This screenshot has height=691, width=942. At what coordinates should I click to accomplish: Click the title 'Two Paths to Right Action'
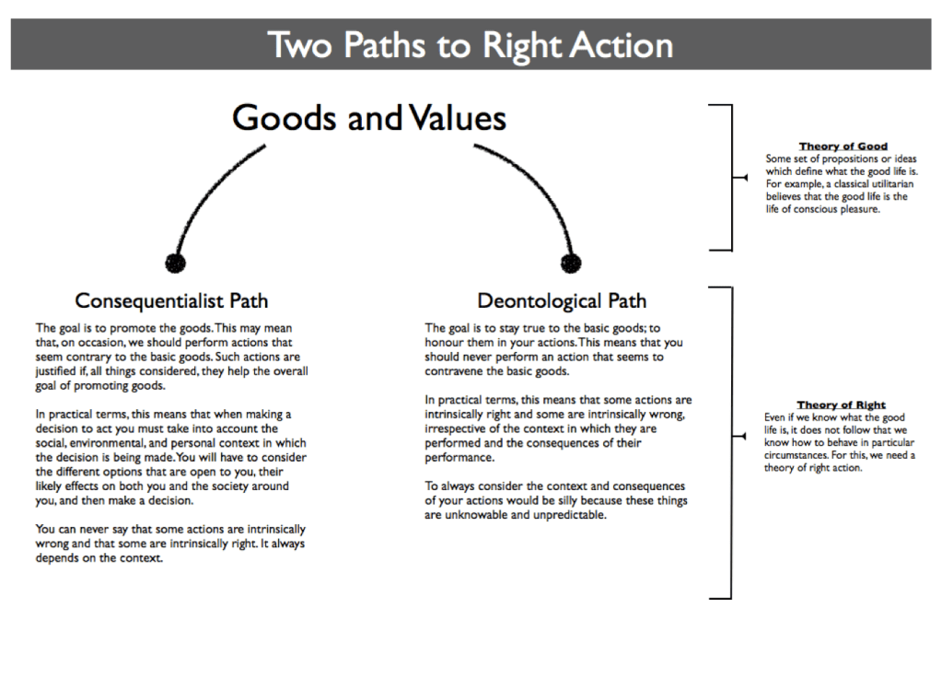471,44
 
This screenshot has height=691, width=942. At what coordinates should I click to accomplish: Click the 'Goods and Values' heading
369,118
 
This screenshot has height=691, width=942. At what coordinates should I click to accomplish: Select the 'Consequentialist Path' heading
171,300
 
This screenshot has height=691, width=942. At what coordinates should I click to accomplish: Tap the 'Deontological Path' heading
562,300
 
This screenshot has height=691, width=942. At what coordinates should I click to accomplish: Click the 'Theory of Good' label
843,146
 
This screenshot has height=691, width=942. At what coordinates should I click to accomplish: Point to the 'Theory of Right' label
841,404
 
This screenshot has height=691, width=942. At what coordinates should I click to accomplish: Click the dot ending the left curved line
175,263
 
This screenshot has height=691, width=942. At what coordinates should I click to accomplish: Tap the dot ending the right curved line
571,263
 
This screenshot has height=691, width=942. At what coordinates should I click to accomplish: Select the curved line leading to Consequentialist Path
207,189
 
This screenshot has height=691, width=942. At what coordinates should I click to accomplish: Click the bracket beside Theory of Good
729,177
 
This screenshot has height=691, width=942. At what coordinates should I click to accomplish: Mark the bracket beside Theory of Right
729,442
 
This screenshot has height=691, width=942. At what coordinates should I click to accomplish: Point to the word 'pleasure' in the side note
856,209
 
